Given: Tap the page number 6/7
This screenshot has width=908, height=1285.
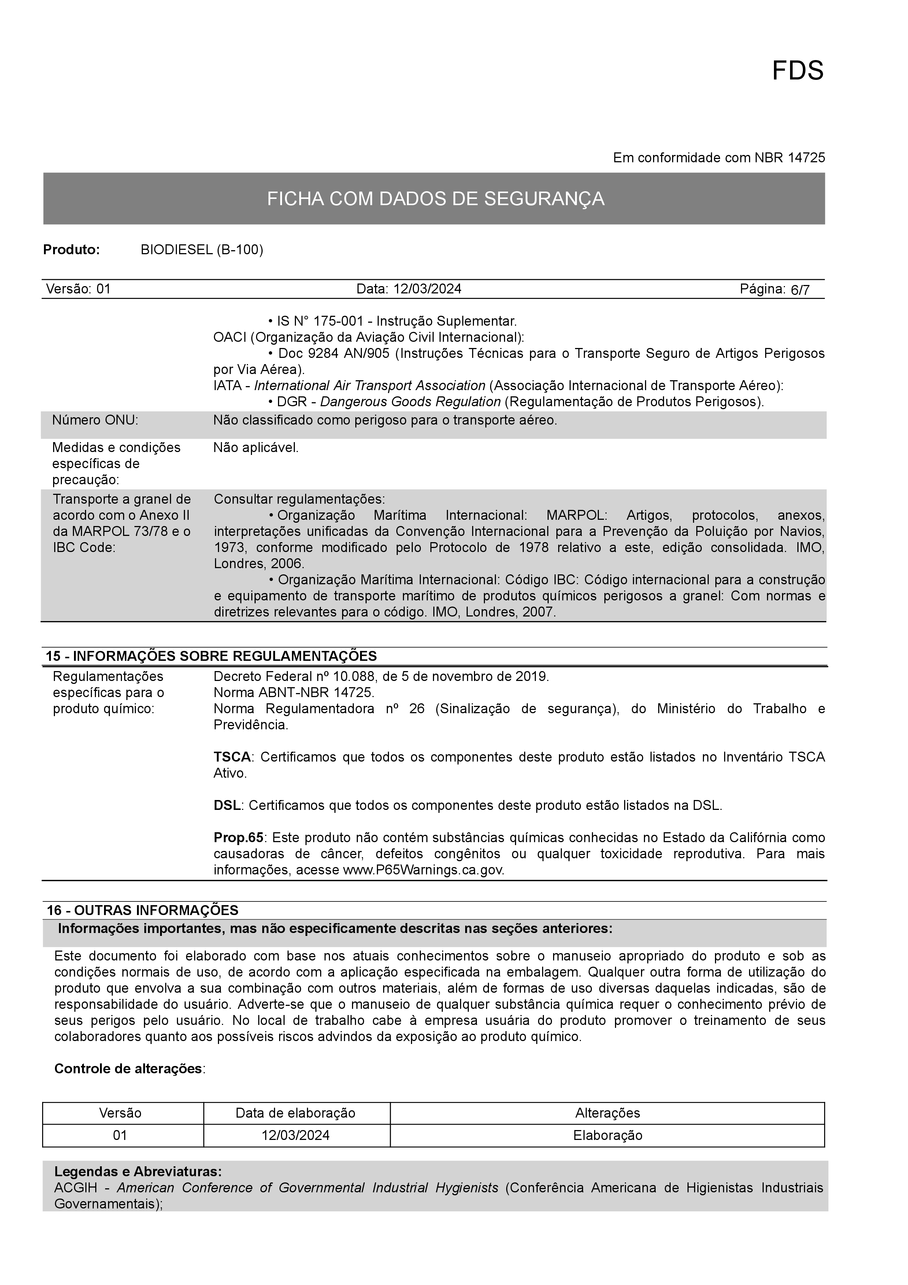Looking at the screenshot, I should pos(800,290).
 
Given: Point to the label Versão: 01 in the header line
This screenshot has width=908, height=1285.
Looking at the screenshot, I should pos(78,289).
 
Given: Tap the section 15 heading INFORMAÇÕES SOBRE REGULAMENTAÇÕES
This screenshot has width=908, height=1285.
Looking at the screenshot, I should pos(211,656).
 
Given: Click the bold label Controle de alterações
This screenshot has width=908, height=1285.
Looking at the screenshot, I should pos(128,1069).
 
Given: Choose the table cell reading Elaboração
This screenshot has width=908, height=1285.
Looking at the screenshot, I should pos(608,1136).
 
